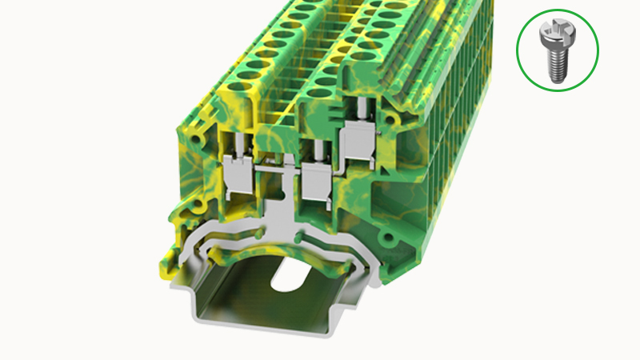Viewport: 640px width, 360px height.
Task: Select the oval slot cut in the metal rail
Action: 286,275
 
